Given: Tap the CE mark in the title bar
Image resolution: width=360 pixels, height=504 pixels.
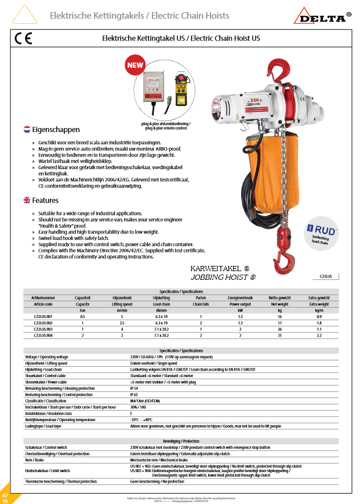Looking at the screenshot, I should [x=23, y=39].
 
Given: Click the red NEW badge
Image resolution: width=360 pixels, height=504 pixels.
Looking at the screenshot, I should [x=135, y=65].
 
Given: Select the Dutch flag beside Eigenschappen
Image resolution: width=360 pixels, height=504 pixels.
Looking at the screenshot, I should [x=26, y=129].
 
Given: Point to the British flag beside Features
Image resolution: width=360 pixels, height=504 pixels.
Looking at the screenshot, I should [x=26, y=200].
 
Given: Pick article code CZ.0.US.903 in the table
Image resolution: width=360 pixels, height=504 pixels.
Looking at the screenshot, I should [x=39, y=328].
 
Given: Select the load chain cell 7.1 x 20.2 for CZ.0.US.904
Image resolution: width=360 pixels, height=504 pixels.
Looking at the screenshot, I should [x=161, y=335].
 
